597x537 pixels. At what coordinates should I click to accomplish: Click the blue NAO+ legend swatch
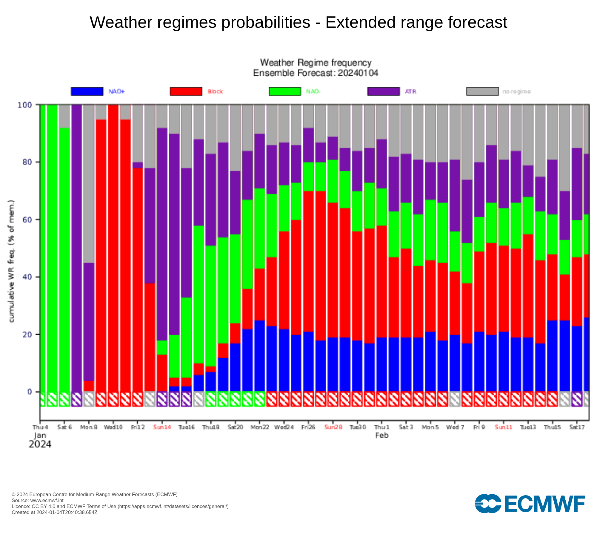87,91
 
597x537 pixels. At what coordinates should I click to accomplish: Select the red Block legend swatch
186,91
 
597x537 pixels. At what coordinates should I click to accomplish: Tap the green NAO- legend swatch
285,91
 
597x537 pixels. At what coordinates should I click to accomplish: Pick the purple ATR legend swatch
383,91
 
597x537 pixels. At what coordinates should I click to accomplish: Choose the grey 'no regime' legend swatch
482,91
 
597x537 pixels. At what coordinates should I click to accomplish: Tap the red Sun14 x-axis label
162,427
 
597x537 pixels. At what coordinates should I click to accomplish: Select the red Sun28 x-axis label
333,427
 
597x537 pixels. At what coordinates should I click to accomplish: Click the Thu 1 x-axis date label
382,427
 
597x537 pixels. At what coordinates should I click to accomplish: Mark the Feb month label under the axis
382,435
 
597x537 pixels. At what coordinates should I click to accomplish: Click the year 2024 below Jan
40,444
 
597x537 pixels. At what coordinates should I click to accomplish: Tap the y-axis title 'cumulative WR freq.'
11,261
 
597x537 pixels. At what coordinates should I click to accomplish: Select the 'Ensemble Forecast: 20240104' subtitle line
316,73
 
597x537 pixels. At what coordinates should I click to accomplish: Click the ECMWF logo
530,504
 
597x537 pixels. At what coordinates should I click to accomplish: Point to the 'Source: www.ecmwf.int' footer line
38,500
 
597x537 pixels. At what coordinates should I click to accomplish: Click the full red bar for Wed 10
113,248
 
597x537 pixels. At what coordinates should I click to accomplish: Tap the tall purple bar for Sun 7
77,248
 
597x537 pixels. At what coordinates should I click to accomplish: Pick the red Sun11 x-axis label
504,427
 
